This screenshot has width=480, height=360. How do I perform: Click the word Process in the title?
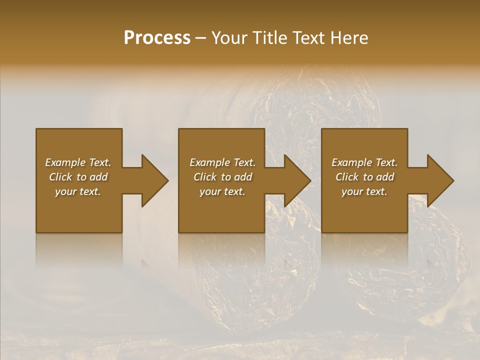pyautogui.click(x=157, y=38)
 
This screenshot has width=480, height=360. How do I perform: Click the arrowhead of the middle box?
pyautogui.click(x=297, y=180)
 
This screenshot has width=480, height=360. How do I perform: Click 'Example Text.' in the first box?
pyautogui.click(x=78, y=162)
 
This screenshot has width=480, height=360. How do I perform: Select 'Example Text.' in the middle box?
pyautogui.click(x=222, y=162)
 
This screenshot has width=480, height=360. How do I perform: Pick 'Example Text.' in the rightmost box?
pyautogui.click(x=364, y=162)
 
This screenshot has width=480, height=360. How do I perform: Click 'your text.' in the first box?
pyautogui.click(x=78, y=191)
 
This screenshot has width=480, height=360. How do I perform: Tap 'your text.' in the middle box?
pyautogui.click(x=222, y=191)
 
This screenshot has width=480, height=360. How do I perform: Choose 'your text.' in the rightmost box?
pyautogui.click(x=364, y=191)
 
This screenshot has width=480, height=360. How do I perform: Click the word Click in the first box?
pyautogui.click(x=60, y=177)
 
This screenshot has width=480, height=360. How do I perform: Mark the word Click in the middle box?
pyautogui.click(x=205, y=177)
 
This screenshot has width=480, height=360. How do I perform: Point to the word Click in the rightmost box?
pyautogui.click(x=347, y=177)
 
